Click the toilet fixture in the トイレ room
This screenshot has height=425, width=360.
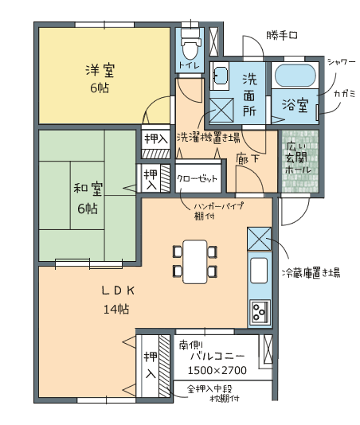click(190, 45)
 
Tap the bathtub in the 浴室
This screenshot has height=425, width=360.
click(295, 76)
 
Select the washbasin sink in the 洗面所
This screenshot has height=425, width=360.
click(220, 76)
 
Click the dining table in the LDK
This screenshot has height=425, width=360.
click(195, 262)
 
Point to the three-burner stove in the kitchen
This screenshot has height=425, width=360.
click(260, 312)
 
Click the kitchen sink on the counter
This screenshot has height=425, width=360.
click(259, 271)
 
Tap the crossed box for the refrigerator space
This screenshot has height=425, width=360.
click(259, 239)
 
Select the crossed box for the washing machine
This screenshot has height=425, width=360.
click(221, 111)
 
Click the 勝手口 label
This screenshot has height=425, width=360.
click(282, 36)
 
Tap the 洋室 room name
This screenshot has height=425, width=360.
click(100, 70)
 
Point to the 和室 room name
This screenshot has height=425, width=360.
click(88, 189)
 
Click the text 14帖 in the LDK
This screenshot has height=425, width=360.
click(116, 309)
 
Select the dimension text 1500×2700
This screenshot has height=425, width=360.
click(217, 370)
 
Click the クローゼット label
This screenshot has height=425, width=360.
click(198, 178)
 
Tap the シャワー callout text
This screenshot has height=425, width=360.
click(341, 62)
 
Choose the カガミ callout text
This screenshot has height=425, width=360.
click(345, 94)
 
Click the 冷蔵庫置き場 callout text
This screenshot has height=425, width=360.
click(311, 272)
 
